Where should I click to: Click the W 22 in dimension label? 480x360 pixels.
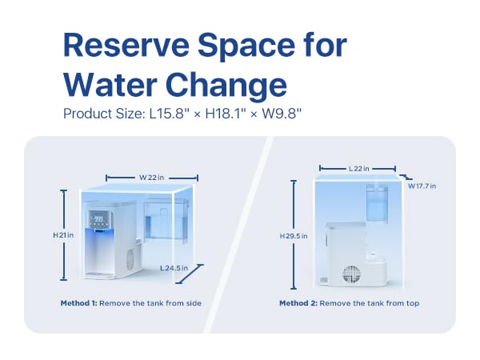[153, 177]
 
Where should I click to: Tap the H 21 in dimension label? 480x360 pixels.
[63, 234]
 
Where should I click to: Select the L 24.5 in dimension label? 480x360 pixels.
[174, 267]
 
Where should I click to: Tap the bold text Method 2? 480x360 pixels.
[300, 303]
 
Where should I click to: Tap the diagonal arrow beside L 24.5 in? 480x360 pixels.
[192, 274]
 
